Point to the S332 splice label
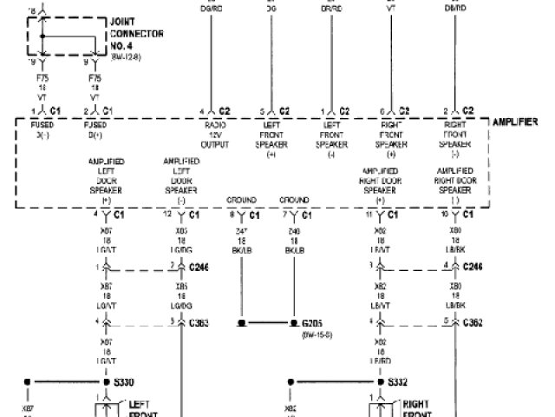(x=397, y=381)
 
